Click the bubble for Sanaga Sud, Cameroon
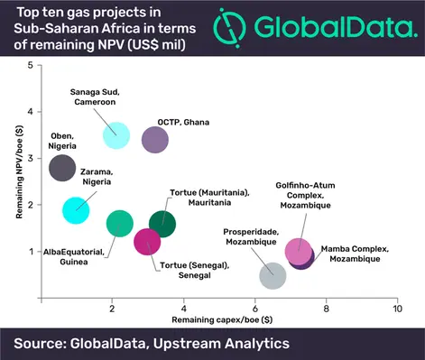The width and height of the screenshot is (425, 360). click(x=115, y=136)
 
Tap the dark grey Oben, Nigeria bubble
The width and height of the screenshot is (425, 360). click(x=62, y=169)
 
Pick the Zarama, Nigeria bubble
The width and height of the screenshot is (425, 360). click(x=76, y=210)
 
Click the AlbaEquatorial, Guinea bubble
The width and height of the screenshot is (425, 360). click(x=120, y=223)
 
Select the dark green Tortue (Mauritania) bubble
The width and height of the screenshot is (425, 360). click(x=162, y=223)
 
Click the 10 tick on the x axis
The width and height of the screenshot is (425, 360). click(x=397, y=309)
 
